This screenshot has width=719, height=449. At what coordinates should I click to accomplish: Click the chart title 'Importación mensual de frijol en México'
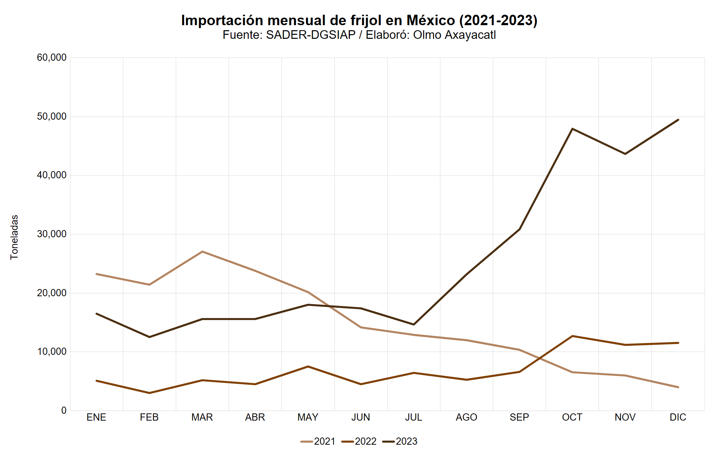(359, 20)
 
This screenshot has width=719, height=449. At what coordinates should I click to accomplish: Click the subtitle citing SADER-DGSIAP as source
(359, 35)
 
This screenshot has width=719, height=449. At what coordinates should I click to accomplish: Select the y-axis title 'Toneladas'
(14, 237)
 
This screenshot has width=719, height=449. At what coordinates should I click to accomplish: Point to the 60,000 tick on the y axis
(52, 58)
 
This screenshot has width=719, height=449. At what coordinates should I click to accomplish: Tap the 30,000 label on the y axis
(52, 234)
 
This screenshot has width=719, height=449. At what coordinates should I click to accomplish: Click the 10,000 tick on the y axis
(52, 352)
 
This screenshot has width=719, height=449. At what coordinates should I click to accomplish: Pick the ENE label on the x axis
(96, 417)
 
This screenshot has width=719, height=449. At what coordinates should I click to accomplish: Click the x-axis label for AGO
(466, 417)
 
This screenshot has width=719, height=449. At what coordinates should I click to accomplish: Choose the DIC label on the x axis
(678, 417)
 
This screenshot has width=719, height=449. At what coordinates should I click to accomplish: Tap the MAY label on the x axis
(308, 417)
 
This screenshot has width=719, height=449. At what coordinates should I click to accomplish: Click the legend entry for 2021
(318, 441)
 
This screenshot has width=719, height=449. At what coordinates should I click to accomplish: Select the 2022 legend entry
(359, 441)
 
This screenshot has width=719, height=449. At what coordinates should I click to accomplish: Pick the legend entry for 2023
(400, 441)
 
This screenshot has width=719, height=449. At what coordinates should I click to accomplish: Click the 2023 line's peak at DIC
(678, 120)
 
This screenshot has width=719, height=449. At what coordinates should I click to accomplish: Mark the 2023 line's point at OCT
(572, 129)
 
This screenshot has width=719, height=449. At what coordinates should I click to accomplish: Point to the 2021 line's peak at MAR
(202, 252)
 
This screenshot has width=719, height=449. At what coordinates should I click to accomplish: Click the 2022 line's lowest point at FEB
(149, 393)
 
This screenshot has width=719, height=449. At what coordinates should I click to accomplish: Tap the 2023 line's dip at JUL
(413, 324)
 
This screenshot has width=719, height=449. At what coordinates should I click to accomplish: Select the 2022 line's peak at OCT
(572, 336)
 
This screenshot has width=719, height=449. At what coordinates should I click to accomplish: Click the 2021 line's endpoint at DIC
(678, 387)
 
